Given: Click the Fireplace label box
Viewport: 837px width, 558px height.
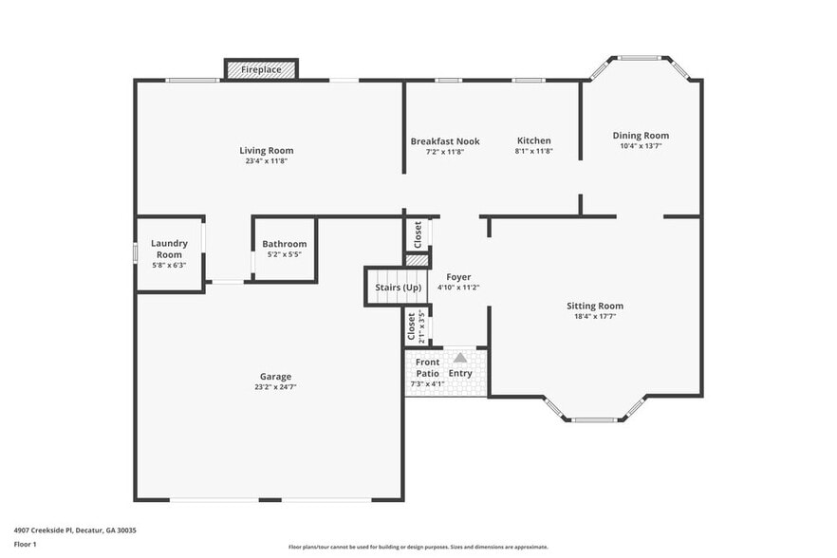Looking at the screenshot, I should pos(261,70).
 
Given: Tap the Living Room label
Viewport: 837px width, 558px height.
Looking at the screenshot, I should pos(266,150).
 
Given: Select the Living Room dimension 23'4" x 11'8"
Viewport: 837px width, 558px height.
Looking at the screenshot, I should pos(266,161).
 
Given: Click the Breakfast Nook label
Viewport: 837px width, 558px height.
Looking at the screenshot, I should pos(445,141).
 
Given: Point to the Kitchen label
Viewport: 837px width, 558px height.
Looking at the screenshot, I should pos(533,141).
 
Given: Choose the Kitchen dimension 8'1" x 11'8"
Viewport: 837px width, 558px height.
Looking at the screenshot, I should pos(533,152).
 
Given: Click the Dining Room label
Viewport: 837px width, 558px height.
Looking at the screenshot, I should pos(641,136).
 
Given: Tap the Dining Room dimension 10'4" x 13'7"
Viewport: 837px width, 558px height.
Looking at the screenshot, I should pos(641,146).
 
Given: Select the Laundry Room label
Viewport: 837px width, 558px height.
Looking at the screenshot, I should pos(169,249).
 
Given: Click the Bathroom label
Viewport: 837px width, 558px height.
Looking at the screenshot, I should pos(285,244).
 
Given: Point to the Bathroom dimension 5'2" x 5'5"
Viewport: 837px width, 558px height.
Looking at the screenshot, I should pos(285,255).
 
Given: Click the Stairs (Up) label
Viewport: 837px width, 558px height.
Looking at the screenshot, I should pos(399,288).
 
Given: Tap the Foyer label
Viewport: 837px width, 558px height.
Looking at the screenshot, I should pos(458,277).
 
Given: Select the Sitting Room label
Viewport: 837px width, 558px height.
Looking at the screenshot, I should pos(595,306).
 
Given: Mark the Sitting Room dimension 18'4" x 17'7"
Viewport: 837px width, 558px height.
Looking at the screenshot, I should pos(595,317).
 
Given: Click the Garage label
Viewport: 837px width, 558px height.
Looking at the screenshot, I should pos(276,376).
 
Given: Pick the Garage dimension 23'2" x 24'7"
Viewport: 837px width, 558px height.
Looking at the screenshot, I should pos(276,387).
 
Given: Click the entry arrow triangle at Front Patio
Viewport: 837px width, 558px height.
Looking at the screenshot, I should pos(460,358).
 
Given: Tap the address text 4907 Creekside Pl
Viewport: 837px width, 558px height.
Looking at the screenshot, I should pos(75,530).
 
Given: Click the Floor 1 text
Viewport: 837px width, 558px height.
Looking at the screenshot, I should pos(25,545).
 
